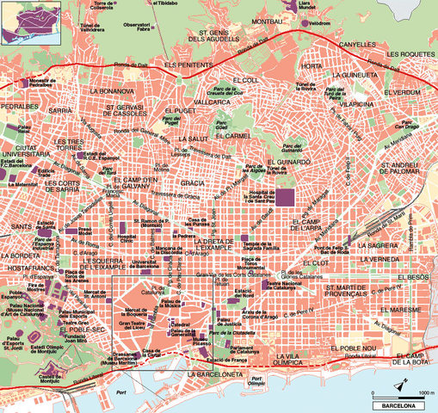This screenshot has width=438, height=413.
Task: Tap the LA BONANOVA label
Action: [113, 90]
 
